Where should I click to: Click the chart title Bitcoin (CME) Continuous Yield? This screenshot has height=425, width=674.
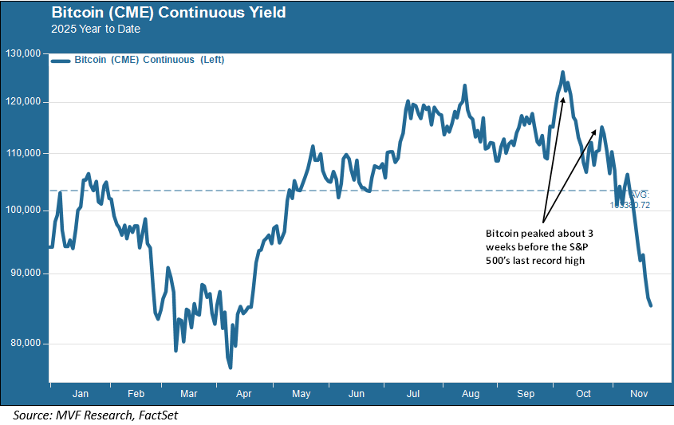[168, 14]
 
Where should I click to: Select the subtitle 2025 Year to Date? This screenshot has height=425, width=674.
[95, 30]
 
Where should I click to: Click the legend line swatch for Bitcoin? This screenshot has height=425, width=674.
[60, 60]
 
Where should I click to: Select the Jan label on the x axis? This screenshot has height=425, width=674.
[80, 394]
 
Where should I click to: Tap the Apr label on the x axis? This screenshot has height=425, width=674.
[245, 394]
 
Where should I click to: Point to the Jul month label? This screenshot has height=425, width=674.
[414, 394]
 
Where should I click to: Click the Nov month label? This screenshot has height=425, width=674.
[639, 394]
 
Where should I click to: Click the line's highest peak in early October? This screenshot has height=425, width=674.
[563, 72]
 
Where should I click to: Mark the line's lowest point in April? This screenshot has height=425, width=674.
[231, 368]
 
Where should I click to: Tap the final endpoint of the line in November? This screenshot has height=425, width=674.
[651, 305]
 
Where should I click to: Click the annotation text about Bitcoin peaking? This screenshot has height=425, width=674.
[539, 247]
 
